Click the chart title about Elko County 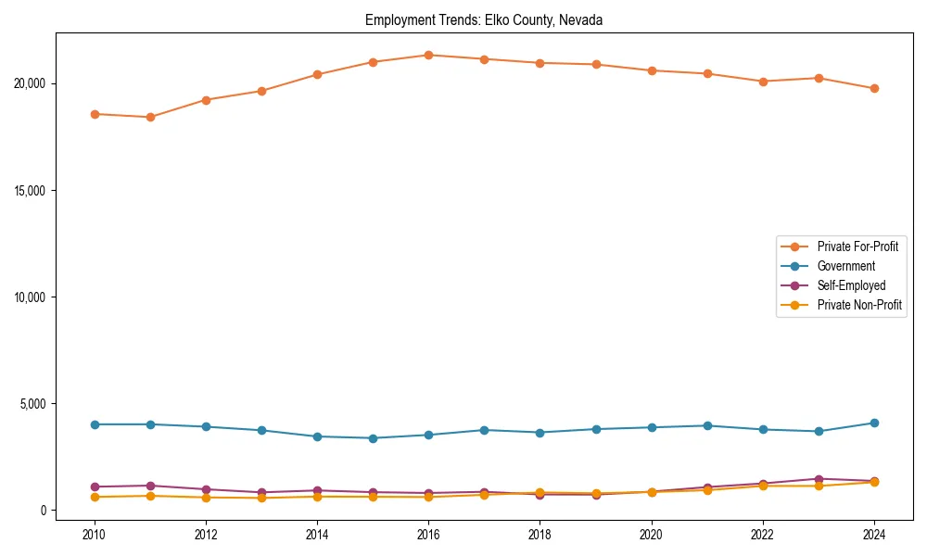pyautogui.click(x=484, y=19)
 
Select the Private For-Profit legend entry pyautogui.click(x=857, y=246)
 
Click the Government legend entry pyautogui.click(x=845, y=266)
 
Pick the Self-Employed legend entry pyautogui.click(x=851, y=285)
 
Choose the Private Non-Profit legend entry pyautogui.click(x=859, y=305)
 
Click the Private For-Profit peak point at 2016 pyautogui.click(x=428, y=55)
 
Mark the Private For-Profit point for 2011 pyautogui.click(x=150, y=117)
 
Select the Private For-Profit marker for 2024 pyautogui.click(x=874, y=88)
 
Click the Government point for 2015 pyautogui.click(x=373, y=438)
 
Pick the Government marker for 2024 pyautogui.click(x=874, y=423)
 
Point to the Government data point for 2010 pyautogui.click(x=94, y=424)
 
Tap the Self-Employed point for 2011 pyautogui.click(x=150, y=486)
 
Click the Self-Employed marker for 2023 pyautogui.click(x=819, y=479)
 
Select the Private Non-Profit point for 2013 pyautogui.click(x=261, y=498)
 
